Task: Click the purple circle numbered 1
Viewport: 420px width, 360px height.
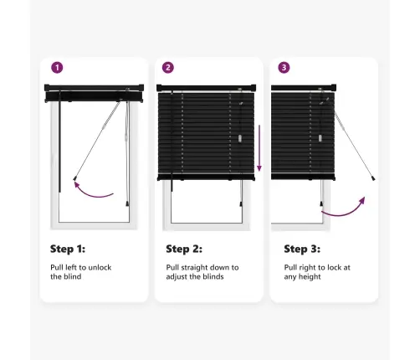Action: click(x=57, y=68)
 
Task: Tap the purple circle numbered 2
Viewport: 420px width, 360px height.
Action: click(x=168, y=68)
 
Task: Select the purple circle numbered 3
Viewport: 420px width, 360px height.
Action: click(x=284, y=68)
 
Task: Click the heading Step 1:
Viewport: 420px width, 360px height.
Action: click(x=68, y=249)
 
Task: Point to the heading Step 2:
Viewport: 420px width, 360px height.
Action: click(x=184, y=249)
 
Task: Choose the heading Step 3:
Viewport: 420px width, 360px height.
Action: click(x=302, y=249)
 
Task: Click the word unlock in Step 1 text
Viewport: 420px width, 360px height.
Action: click(x=100, y=267)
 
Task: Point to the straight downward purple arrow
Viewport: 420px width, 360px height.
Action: click(x=259, y=148)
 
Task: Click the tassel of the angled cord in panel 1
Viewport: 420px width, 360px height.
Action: click(x=74, y=178)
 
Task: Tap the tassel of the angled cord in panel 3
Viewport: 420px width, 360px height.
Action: click(x=373, y=178)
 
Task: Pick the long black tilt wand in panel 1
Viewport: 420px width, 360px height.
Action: click(x=59, y=141)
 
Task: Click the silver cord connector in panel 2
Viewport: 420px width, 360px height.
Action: click(x=240, y=139)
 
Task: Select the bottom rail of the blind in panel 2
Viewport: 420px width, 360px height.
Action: click(x=206, y=177)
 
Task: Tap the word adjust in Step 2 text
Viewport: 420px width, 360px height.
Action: click(x=177, y=277)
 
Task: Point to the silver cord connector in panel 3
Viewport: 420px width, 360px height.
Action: click(x=320, y=138)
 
